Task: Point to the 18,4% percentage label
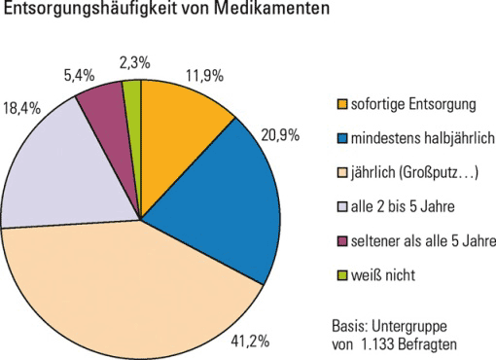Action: click(24, 108)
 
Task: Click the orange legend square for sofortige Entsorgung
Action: click(339, 104)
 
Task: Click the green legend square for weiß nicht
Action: click(339, 274)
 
